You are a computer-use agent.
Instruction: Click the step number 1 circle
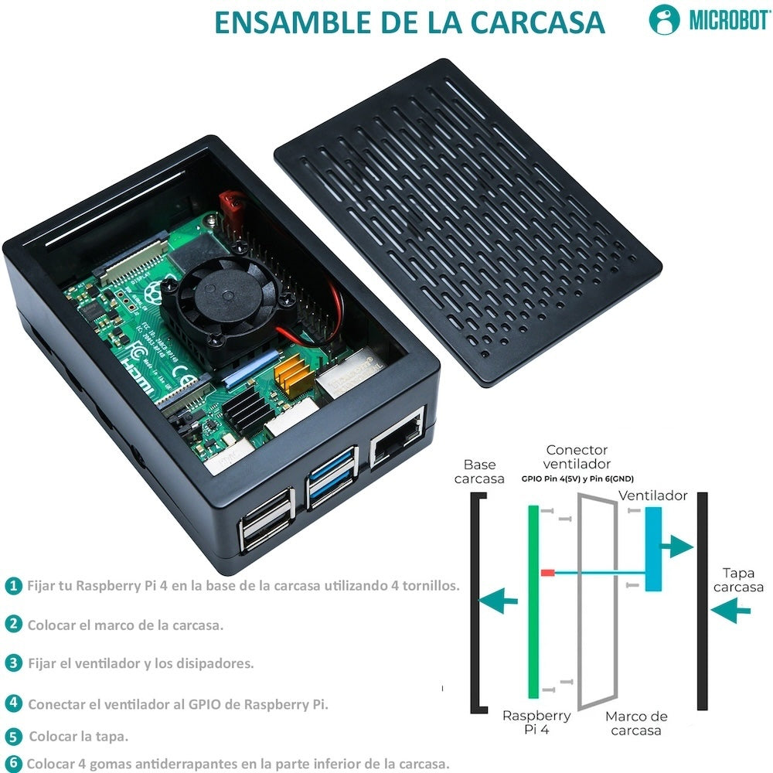pyautogui.click(x=13, y=586)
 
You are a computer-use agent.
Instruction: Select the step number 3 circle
pyautogui.click(x=13, y=663)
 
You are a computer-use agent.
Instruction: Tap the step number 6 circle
pyautogui.click(x=13, y=762)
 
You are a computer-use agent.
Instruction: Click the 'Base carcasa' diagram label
pyautogui.click(x=479, y=472)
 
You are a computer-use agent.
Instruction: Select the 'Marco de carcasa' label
pyautogui.click(x=635, y=723)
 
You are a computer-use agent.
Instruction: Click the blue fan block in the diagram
pyautogui.click(x=654, y=549)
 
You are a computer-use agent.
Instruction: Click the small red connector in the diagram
pyautogui.click(x=547, y=573)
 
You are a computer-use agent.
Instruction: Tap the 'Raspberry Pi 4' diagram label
pyautogui.click(x=536, y=723)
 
